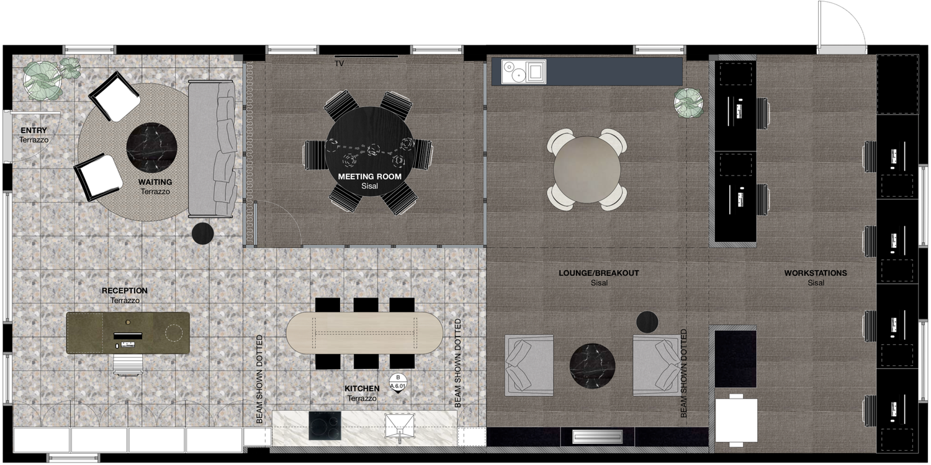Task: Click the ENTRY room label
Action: click(34, 130)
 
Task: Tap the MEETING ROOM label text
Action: click(369, 177)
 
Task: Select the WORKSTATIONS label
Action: click(816, 273)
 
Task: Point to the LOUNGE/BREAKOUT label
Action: click(598, 273)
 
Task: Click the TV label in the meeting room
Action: click(339, 63)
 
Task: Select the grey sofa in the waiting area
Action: click(212, 149)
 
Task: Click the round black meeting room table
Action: click(369, 151)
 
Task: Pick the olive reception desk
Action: click(128, 333)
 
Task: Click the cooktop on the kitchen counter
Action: click(325, 425)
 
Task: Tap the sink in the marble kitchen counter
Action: click(400, 425)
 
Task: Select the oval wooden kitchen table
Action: click(364, 333)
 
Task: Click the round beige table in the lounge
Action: click(587, 169)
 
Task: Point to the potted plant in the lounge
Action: click(689, 102)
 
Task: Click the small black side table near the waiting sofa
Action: click(203, 233)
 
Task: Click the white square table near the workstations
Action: click(736, 420)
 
